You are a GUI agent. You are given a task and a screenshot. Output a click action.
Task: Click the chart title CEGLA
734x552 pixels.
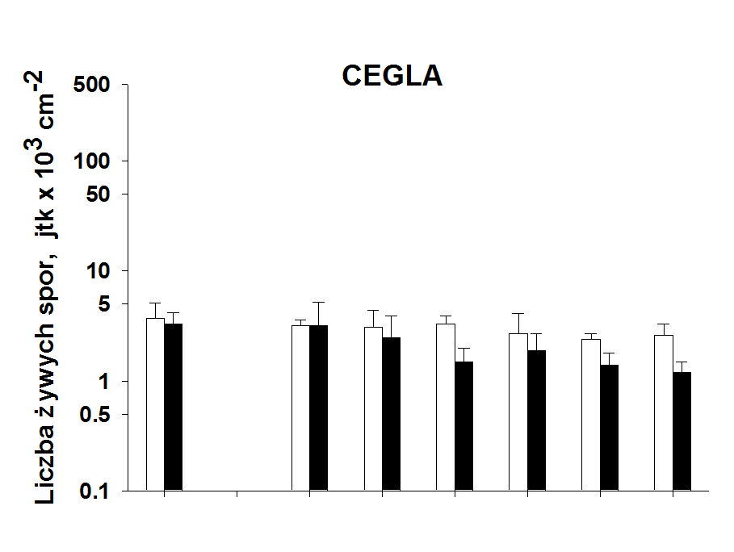392,75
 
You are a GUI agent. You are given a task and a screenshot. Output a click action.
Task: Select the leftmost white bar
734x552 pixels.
155,404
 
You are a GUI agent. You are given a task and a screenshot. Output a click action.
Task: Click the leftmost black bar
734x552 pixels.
173,407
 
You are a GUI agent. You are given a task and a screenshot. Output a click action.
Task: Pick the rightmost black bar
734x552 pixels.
682,431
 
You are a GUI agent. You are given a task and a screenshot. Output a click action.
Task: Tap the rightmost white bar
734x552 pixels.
663,412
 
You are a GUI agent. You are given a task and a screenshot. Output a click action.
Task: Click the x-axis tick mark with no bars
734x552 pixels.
237,494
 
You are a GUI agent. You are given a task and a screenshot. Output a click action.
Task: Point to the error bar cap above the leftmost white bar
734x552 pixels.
155,303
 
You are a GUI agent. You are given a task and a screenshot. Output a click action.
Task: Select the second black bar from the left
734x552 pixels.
318,408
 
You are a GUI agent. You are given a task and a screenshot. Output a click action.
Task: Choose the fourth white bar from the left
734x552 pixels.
445,407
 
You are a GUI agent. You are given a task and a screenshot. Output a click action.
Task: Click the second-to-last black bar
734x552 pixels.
609,428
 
